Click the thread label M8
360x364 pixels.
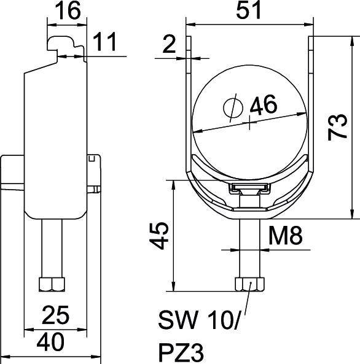tap(287, 236)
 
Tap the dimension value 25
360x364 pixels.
tap(55, 316)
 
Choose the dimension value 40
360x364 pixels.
tap(50, 341)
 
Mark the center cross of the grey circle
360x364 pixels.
tap(250, 123)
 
